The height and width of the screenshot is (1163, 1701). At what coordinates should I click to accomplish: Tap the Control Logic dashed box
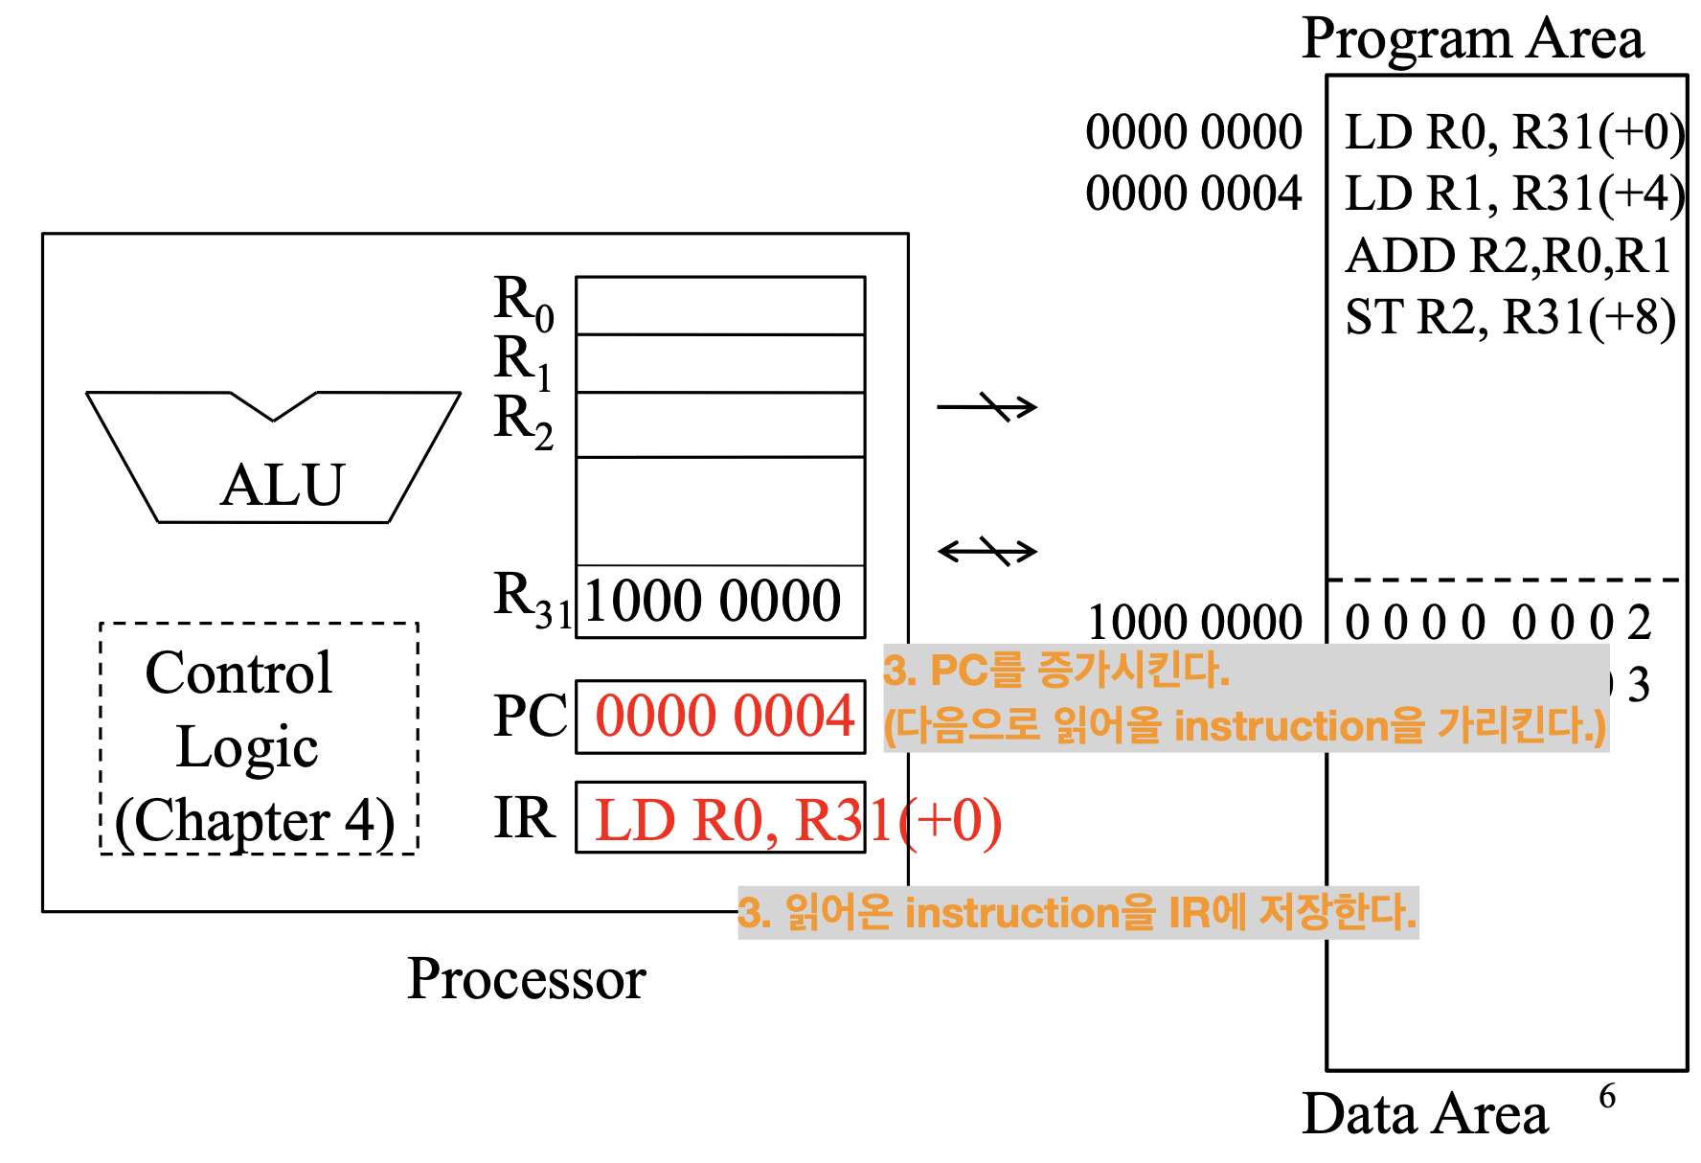tap(259, 738)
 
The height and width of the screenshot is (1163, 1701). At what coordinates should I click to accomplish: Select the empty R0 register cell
tap(719, 306)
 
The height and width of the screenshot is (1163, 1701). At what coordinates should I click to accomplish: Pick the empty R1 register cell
tap(719, 363)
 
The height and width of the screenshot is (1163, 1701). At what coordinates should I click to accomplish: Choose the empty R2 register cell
tap(719, 424)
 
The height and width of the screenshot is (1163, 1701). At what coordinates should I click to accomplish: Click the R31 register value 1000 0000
tap(713, 602)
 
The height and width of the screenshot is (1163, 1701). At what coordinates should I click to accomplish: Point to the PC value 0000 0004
tap(724, 717)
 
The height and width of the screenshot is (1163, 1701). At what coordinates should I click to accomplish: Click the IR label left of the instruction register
tap(524, 818)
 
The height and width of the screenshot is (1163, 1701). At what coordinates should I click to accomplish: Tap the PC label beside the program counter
tap(530, 717)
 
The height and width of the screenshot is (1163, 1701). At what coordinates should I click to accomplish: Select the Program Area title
tap(1472, 40)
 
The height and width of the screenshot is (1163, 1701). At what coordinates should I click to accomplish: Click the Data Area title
tap(1424, 1115)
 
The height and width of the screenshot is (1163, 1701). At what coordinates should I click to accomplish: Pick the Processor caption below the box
tap(526, 979)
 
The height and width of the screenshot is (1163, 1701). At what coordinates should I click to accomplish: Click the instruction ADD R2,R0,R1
tap(1508, 257)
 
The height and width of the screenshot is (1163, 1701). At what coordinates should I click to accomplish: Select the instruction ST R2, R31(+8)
tap(1510, 318)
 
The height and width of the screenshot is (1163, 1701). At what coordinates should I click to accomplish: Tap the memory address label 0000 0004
tap(1193, 194)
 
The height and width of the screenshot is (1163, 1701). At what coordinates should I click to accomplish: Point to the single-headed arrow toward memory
tap(987, 407)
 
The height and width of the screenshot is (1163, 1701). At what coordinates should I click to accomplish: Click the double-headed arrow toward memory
tap(987, 551)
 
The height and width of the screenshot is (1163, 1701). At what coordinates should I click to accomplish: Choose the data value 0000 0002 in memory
tap(1498, 623)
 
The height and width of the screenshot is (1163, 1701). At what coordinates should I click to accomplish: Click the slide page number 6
tap(1607, 1096)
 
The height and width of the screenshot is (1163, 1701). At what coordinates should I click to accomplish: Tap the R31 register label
tap(532, 598)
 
